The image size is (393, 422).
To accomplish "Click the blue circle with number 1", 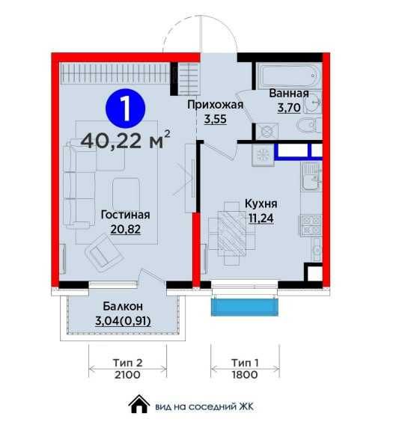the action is pos(126,108).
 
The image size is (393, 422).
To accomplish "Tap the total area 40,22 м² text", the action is pos(126,141).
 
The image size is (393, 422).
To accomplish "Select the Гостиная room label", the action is pos(126,215).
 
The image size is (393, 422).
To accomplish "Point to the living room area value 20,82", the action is pos(126,230).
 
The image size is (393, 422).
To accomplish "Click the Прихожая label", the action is pos(215,105).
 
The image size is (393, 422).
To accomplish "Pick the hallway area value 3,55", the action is pos(215,119).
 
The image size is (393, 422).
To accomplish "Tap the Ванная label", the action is pos(289,94).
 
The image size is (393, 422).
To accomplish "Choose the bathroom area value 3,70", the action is pos(289,108).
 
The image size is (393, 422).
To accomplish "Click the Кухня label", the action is pos(261,204).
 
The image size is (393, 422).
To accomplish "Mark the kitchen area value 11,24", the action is pos(261,218).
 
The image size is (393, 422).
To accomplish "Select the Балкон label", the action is pos(123,306).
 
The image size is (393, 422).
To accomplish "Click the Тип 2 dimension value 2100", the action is pos(127,375).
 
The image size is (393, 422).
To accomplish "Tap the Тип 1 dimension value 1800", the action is pos(245,375).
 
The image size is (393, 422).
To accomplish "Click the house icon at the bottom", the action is pos(139,404).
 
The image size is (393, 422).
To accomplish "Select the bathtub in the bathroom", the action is pos(288,76).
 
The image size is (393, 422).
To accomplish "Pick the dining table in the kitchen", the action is pos(231,233).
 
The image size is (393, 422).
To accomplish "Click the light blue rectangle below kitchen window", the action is pos(245,307).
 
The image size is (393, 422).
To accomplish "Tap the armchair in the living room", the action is pos(105,253).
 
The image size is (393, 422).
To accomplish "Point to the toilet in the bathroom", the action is pos(309,126).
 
